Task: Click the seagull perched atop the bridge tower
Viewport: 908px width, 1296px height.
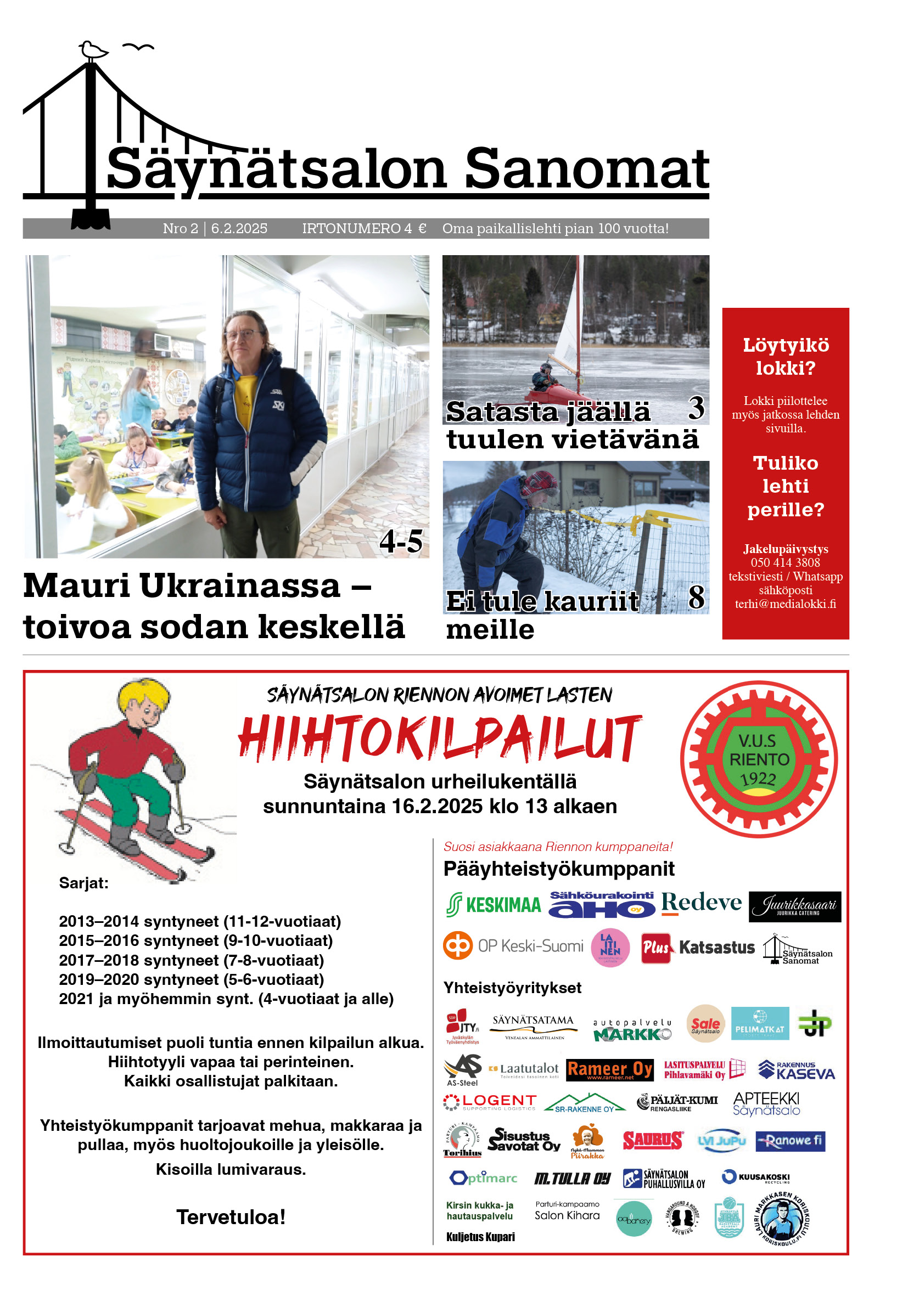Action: [x=93, y=50]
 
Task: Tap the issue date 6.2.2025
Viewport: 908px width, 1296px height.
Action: [x=239, y=229]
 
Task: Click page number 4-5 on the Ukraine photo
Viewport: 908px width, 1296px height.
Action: [x=400, y=542]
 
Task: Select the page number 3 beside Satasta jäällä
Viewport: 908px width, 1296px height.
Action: [x=696, y=408]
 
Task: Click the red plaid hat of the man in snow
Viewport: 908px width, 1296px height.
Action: [x=539, y=483]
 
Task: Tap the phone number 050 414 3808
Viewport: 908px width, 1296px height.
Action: [x=785, y=563]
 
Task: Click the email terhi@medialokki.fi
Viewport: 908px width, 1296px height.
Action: [x=785, y=604]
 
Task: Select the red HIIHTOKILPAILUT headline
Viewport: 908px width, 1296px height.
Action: [x=439, y=738]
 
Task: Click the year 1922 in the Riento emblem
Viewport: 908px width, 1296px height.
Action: [x=758, y=779]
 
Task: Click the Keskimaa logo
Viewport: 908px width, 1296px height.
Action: [x=493, y=905]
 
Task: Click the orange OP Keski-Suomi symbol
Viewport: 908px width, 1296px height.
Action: [x=457, y=945]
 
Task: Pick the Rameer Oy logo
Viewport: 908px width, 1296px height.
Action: [x=609, y=1069]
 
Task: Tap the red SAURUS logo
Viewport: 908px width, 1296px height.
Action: [x=652, y=1141]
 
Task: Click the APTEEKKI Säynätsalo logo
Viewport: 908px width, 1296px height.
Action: [x=766, y=1103]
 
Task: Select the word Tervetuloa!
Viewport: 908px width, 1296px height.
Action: [x=231, y=1218]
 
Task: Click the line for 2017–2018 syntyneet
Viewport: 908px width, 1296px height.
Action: [x=192, y=960]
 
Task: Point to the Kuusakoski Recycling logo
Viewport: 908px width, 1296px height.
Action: [x=755, y=1177]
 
